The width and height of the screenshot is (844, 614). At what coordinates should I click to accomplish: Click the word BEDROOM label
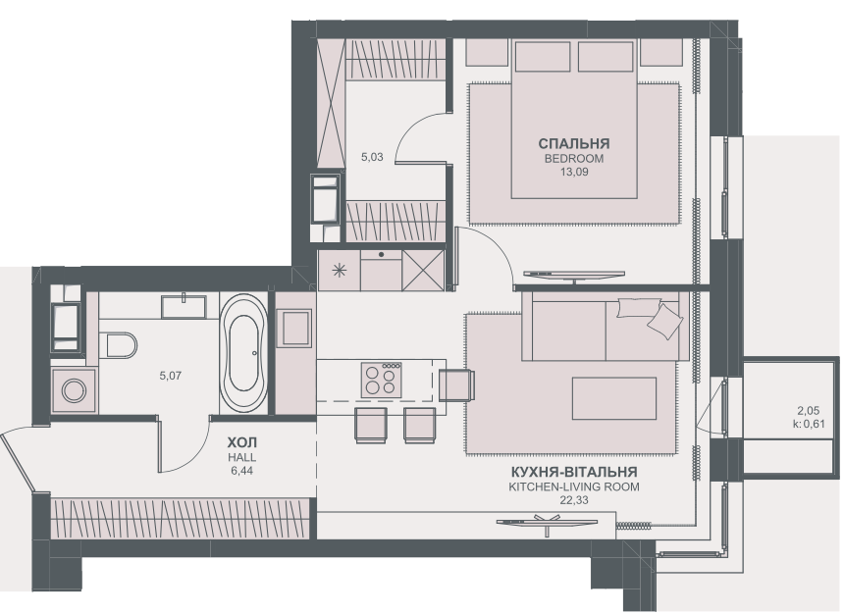[573, 158]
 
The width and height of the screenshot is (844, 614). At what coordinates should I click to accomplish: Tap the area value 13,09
[573, 173]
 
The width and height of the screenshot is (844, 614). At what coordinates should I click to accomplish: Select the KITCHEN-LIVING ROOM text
[573, 486]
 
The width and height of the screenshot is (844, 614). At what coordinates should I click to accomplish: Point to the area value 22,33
[573, 500]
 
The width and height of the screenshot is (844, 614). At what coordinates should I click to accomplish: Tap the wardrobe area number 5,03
[373, 155]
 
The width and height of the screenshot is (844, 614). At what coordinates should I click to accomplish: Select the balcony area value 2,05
[807, 411]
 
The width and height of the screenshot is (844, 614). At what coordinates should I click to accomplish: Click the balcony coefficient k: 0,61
[807, 425]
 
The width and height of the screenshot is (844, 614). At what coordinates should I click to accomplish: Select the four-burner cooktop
[381, 379]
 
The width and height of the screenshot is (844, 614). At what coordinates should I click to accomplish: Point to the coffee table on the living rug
[612, 397]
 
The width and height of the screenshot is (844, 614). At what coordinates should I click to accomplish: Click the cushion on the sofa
[663, 319]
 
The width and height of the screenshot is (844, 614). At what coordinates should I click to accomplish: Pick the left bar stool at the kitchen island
[371, 425]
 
